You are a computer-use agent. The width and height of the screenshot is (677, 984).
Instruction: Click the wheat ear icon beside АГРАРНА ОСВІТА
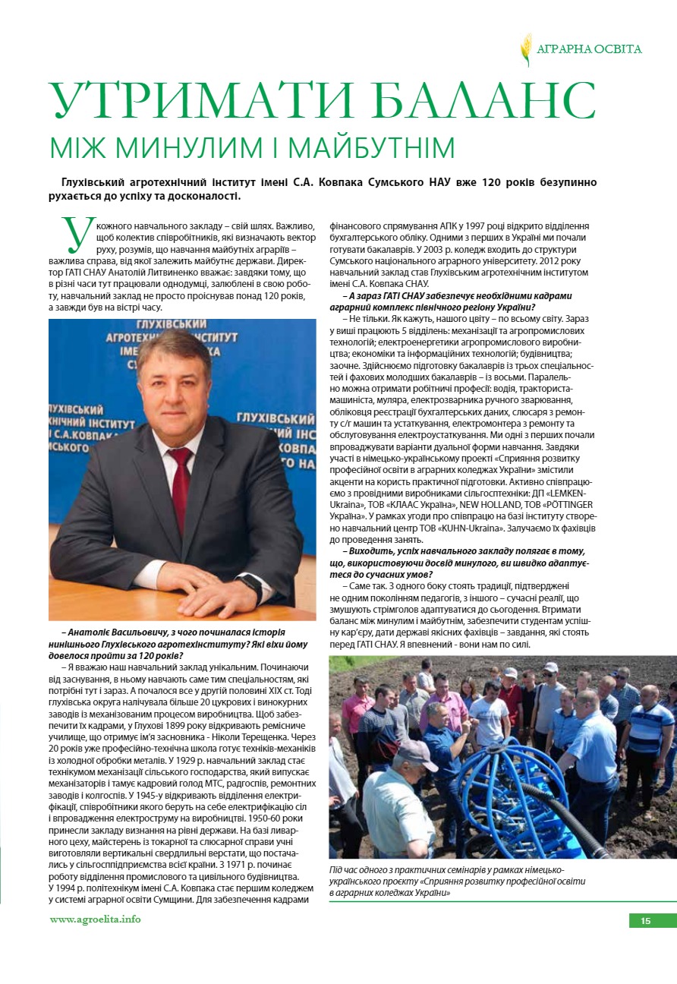[x=526, y=50]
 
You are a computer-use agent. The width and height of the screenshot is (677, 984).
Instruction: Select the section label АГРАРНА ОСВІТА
[x=589, y=49]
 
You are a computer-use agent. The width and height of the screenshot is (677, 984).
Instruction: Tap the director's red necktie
[x=180, y=478]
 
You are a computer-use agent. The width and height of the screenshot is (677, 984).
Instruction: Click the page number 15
[x=646, y=921]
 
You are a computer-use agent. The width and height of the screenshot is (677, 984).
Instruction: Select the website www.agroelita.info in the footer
[x=95, y=919]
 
